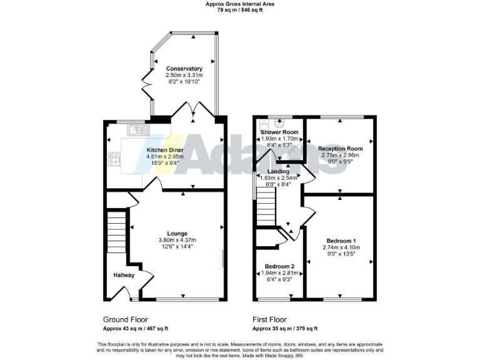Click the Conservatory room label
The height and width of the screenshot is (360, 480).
tap(184, 68)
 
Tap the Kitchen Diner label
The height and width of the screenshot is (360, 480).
tap(165, 151)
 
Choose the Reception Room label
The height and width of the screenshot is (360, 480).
tap(341, 149)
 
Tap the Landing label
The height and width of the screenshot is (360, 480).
tap(278, 171)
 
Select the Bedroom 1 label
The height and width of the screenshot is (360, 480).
tap(341, 240)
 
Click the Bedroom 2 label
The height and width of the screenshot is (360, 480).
tap(279, 266)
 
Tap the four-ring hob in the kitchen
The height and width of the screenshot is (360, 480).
tap(114, 159)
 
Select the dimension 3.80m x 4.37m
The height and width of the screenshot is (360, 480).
tap(177, 239)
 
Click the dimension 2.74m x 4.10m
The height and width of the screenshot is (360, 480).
tap(341, 247)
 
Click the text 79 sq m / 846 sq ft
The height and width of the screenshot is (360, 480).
tap(240, 10)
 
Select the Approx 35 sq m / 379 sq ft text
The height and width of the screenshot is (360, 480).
tap(285, 329)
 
